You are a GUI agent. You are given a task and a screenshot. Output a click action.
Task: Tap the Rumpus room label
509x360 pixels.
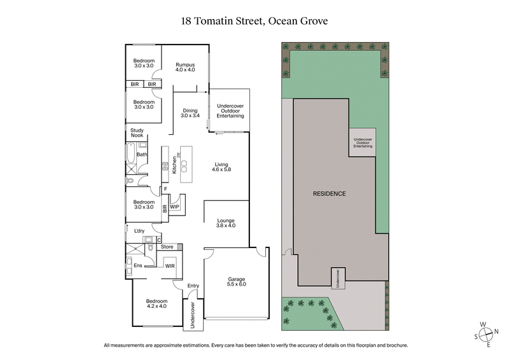coord(185,68)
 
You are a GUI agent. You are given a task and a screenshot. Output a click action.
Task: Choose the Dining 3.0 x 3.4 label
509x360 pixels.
coord(190,113)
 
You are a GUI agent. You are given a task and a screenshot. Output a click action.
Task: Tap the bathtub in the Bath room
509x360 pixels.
coord(130,155)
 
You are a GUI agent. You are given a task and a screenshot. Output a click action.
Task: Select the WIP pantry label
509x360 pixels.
coord(174,207)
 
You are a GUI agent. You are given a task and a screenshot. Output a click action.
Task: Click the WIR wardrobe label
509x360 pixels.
coord(170,265)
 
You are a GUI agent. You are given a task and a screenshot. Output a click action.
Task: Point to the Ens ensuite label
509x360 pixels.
coord(137,265)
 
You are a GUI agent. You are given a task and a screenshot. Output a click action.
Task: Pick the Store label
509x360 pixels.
coord(167,247)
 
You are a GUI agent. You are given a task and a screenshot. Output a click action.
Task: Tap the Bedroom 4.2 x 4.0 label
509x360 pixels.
coord(157,304)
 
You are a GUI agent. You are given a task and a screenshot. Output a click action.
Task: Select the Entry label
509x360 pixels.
coord(193,286)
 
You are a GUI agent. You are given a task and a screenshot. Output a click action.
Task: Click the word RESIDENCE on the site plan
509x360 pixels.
coord(329,193)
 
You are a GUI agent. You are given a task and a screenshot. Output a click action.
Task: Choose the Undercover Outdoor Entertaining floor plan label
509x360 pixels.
coord(230,111)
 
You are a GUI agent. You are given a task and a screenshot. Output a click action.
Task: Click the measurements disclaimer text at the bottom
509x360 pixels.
coord(254,345)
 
